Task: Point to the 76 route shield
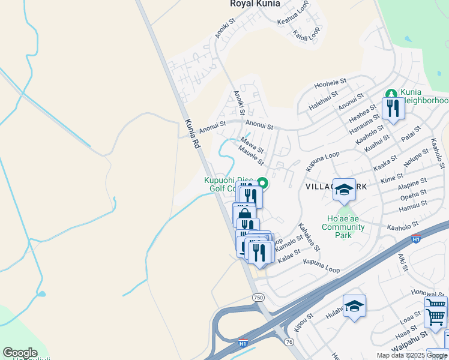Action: (x=289, y=341)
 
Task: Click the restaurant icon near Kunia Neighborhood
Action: (x=393, y=109)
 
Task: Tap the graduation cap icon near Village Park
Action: (x=344, y=190)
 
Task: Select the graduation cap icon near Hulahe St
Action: (x=354, y=307)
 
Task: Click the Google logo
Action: (x=20, y=353)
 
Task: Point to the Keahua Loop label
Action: (x=292, y=22)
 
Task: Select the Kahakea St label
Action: (x=309, y=236)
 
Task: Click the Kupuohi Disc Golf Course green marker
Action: (x=262, y=183)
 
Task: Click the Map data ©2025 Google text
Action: (x=412, y=355)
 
